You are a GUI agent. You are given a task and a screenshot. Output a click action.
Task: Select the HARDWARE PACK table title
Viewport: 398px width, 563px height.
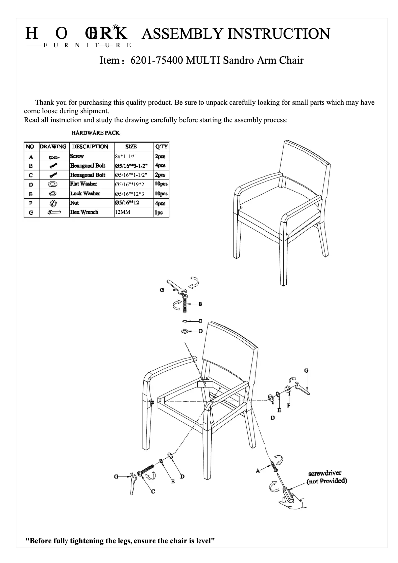(x=95, y=133)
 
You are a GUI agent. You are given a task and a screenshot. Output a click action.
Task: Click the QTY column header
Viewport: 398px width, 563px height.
(x=162, y=147)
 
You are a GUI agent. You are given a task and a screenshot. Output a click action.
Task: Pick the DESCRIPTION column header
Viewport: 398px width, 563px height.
(x=90, y=147)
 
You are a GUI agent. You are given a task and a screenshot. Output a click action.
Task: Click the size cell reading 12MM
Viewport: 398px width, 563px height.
(x=122, y=212)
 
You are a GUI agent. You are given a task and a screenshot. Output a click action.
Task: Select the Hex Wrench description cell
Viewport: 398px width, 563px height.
(x=84, y=212)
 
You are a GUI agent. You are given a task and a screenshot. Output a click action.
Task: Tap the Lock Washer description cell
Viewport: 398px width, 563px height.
(x=85, y=193)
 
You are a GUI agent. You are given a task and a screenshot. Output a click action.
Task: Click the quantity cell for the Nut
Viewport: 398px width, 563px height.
(x=161, y=203)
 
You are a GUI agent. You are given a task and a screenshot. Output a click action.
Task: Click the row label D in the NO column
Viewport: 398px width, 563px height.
(x=31, y=184)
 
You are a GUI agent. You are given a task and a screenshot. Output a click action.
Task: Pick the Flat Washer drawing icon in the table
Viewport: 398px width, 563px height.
(x=53, y=184)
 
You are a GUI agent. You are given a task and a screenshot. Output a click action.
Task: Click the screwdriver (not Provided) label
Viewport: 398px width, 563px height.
(x=327, y=477)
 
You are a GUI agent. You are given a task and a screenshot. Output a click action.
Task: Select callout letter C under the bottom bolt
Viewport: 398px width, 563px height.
(x=153, y=491)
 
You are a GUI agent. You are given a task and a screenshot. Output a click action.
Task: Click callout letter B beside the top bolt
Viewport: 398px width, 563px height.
(x=200, y=303)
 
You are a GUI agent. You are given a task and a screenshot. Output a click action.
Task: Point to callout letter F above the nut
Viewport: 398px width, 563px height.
(x=289, y=405)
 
